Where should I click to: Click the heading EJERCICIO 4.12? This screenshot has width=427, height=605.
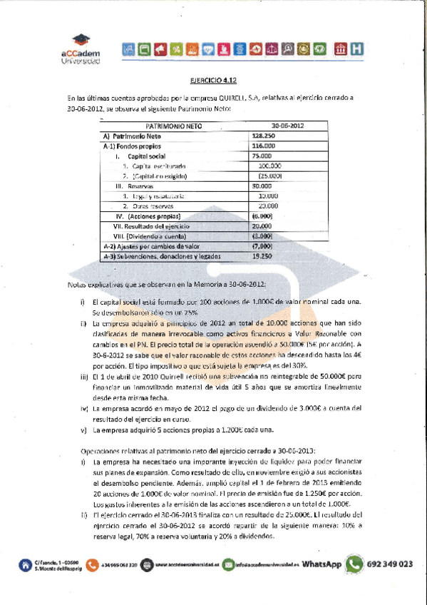[213, 82]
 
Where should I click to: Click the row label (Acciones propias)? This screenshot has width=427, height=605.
[153, 215]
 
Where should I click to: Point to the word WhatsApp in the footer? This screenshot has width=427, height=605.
[321, 564]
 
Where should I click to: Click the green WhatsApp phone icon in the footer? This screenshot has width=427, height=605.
[354, 564]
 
